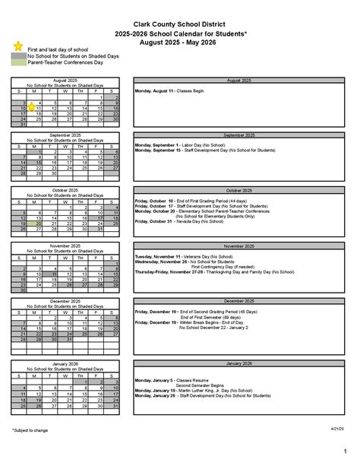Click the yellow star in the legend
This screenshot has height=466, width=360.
17,46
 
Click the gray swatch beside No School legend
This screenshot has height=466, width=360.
18,55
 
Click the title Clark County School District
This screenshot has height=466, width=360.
179,25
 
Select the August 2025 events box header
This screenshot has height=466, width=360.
238,79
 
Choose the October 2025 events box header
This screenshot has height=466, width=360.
238,190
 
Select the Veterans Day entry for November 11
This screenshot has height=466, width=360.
175,256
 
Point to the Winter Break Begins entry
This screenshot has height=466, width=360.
190,322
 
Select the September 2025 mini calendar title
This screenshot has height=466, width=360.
65,135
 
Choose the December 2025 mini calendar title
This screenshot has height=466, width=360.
65,301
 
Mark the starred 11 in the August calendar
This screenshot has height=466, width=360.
36,109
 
